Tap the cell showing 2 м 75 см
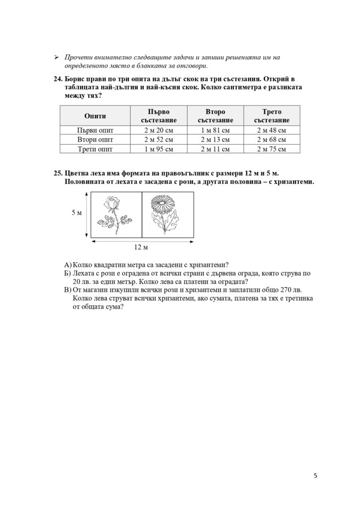point(271,149)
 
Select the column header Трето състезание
point(271,116)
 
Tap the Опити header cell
point(94,116)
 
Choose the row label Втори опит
point(94,140)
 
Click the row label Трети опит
point(94,149)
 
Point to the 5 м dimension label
point(77,213)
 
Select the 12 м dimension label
point(142,247)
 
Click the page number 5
point(315,475)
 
